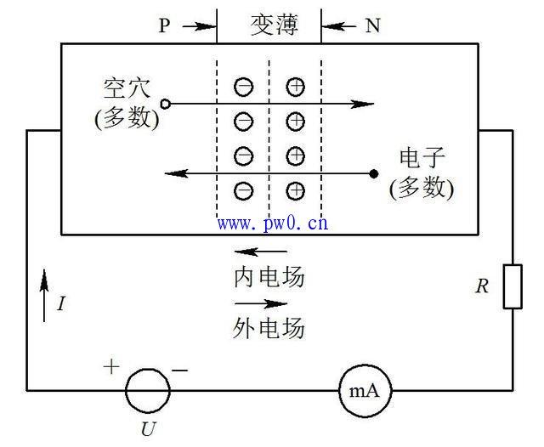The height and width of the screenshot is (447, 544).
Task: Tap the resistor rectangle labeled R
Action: click(513, 286)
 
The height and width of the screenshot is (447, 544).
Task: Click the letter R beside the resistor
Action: click(482, 286)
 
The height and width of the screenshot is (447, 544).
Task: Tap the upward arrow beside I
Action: click(44, 292)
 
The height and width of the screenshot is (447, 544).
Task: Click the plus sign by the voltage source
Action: click(111, 367)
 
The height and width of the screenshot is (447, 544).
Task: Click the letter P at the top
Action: click(165, 25)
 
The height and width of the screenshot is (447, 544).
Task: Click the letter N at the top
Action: click(372, 25)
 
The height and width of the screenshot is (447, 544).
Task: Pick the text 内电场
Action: click(269, 278)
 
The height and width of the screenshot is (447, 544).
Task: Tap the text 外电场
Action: click(269, 327)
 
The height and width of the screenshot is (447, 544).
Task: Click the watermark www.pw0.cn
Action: click(272, 224)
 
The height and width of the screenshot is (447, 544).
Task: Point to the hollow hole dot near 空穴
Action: click(166, 104)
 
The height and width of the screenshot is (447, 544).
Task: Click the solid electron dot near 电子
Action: click(373, 174)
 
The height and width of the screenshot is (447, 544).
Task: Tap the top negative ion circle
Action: click(243, 87)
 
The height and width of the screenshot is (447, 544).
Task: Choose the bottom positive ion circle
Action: click(295, 190)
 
